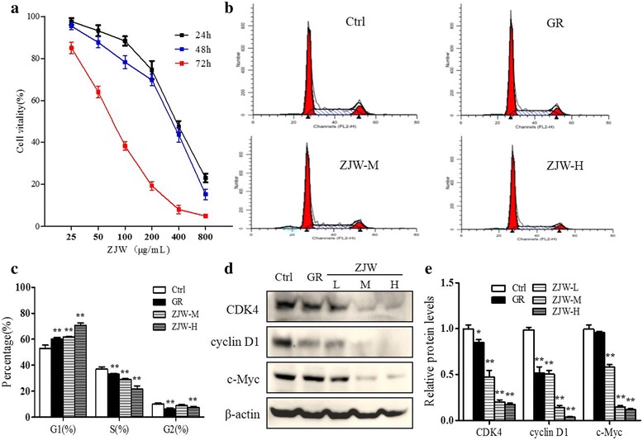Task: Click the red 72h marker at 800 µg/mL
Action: pyautogui.click(x=205, y=216)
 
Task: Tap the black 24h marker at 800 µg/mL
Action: pyautogui.click(x=205, y=178)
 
